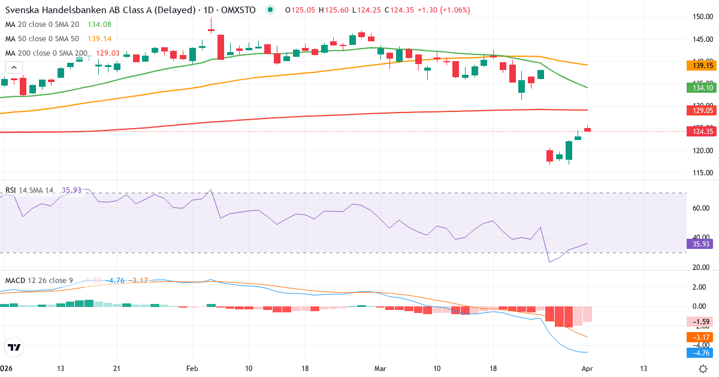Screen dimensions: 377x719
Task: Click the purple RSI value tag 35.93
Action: pos(699,244)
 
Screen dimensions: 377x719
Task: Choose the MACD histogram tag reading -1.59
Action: pos(699,322)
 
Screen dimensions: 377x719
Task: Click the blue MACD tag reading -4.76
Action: pos(699,353)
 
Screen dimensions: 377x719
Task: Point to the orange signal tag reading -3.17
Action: pos(699,338)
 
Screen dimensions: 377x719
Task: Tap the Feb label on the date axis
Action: pos(192,368)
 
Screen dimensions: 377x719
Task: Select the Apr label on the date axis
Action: pos(587,368)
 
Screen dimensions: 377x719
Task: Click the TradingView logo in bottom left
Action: pos(14,347)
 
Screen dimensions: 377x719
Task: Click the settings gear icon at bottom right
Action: pos(705,368)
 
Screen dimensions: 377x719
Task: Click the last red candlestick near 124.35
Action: pos(588,129)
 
